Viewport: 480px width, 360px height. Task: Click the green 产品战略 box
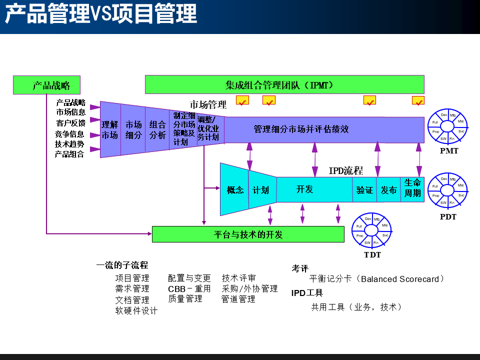[46, 85]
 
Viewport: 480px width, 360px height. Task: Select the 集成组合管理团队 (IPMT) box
[284, 84]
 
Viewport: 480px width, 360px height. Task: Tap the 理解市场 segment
[110, 129]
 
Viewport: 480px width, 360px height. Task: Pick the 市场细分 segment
[133, 129]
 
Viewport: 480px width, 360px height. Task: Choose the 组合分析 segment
[157, 129]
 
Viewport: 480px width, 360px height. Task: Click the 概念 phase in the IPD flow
[234, 190]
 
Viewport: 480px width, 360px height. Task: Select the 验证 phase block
[364, 190]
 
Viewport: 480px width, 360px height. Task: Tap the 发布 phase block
[388, 190]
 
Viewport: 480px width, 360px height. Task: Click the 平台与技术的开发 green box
[248, 234]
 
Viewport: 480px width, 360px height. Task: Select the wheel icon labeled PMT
[448, 127]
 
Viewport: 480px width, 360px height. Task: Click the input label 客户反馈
[70, 123]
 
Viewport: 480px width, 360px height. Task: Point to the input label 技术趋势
[69, 144]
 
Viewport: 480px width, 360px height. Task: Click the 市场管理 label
[208, 105]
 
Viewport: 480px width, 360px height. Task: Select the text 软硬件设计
[136, 311]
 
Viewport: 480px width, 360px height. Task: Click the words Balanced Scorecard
[399, 279]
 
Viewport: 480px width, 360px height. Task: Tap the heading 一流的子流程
[122, 265]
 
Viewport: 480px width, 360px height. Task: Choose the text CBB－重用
[189, 289]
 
